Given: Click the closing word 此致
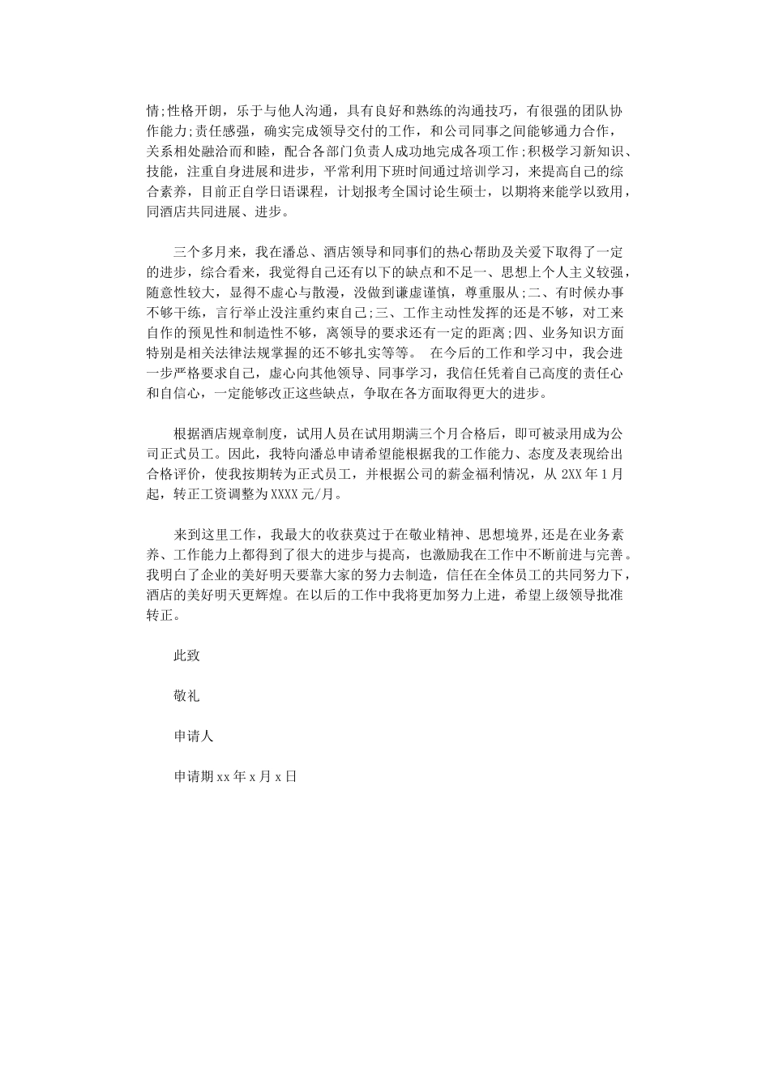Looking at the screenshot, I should [x=186, y=656].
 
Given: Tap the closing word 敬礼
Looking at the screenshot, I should [x=186, y=696].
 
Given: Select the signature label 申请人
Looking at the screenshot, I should [x=193, y=737].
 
